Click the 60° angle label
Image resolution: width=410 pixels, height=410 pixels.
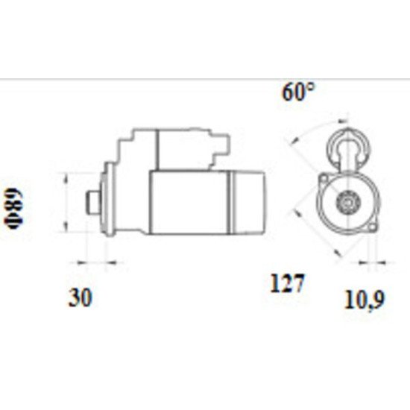298,93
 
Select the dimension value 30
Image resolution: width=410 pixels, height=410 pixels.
80,298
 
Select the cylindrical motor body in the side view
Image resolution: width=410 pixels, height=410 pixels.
190,201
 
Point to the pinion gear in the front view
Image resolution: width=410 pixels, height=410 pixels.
347,201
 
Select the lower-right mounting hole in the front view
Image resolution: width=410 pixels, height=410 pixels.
370,224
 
